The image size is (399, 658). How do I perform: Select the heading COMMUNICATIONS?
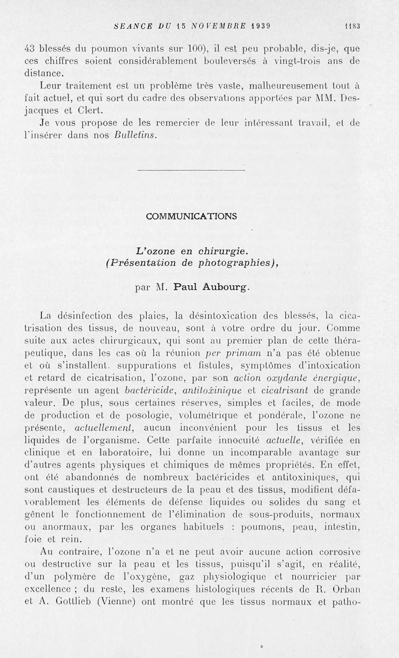192,216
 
